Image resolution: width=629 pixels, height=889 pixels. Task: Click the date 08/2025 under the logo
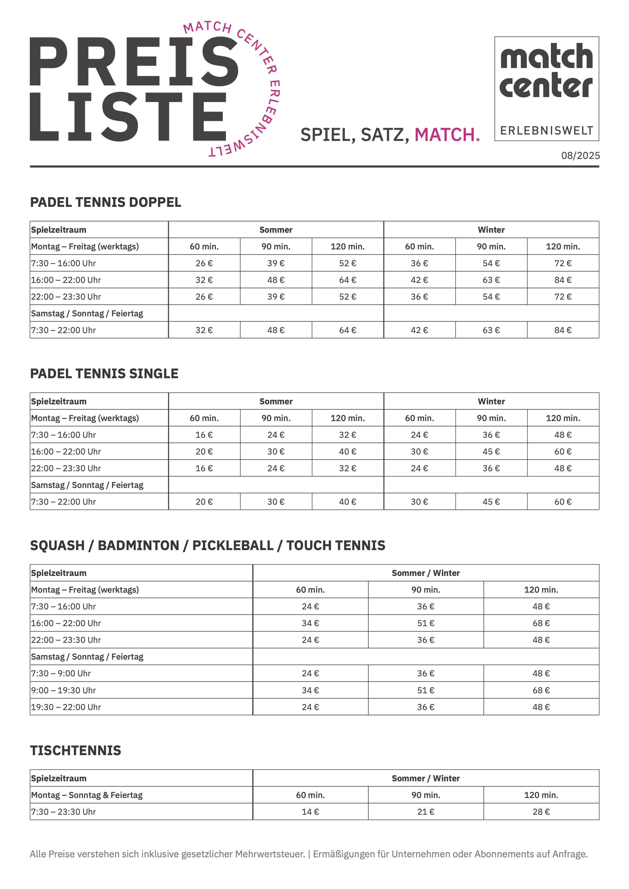580,156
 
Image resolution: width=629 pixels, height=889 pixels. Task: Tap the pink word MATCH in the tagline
445,135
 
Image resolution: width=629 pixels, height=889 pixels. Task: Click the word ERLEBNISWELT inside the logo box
547,131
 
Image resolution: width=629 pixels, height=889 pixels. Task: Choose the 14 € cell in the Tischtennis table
310,812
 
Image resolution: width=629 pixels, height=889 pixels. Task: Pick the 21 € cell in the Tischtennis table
426,812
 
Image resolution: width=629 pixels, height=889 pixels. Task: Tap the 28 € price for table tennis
541,812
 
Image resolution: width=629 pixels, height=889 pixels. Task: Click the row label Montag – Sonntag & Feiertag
87,795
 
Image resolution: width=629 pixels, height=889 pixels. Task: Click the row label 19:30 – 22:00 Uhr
66,707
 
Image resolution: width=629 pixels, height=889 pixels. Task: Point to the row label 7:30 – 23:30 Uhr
63,812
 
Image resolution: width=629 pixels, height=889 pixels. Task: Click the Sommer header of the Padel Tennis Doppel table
276,230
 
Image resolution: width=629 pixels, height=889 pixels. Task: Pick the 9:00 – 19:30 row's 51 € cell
426,690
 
